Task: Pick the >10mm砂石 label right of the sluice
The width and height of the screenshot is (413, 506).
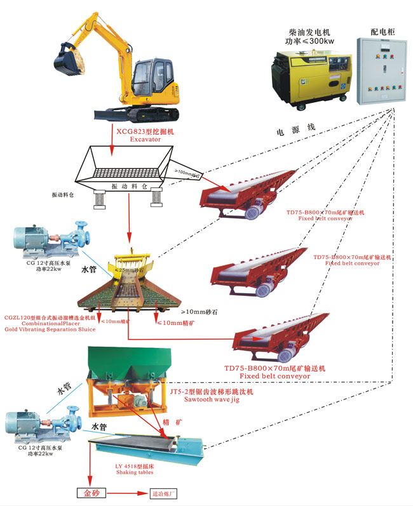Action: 203,312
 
